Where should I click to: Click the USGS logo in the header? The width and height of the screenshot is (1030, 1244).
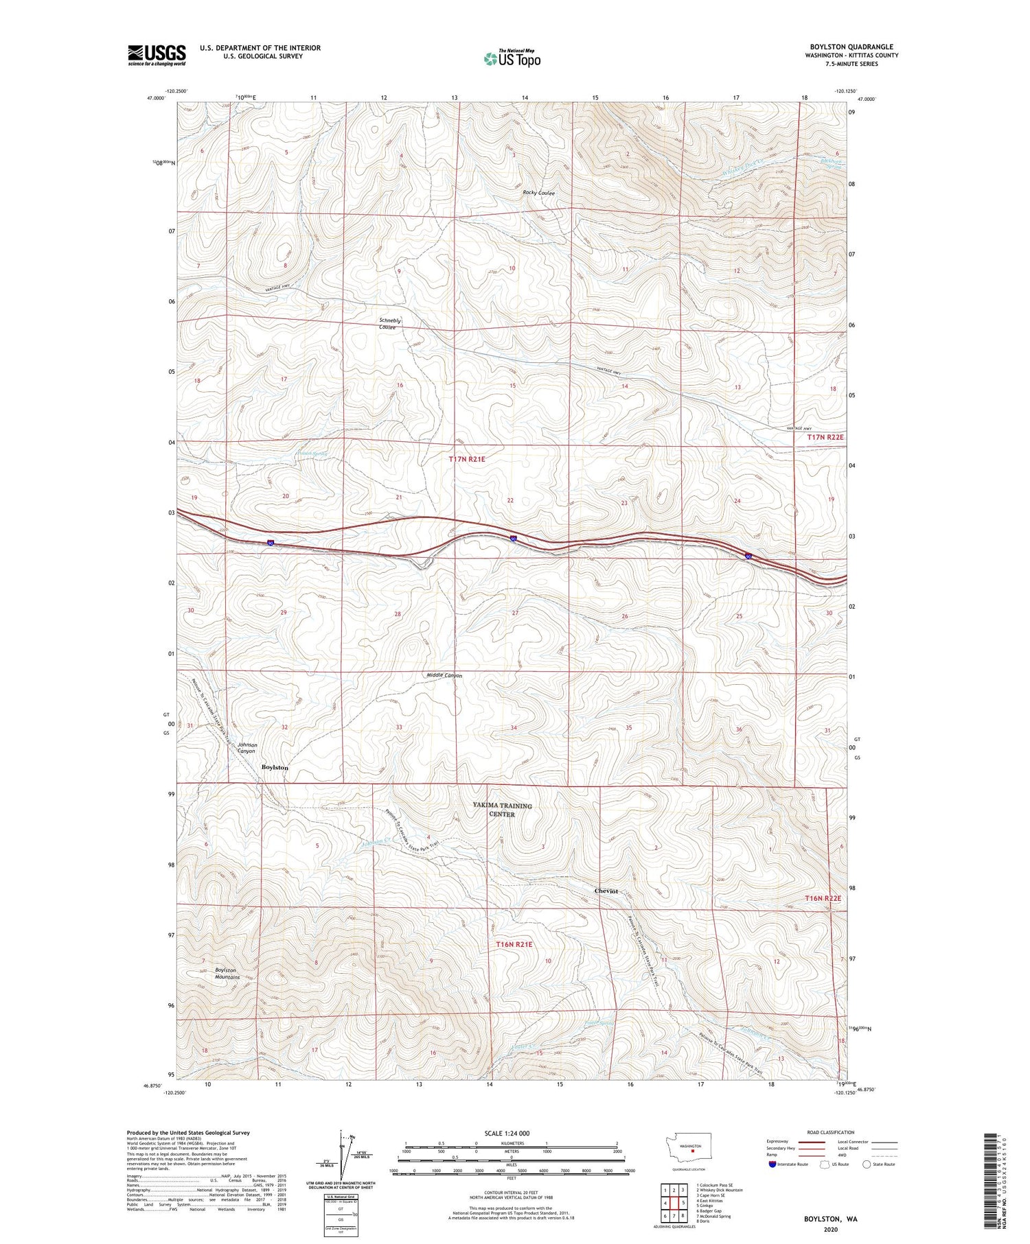pyautogui.click(x=157, y=55)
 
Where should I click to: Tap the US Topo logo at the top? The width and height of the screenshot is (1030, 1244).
pyautogui.click(x=512, y=59)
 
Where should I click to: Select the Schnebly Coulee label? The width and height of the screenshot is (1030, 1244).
pyautogui.click(x=389, y=324)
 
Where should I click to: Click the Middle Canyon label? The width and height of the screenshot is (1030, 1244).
pyautogui.click(x=444, y=676)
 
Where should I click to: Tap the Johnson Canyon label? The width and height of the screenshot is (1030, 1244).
pyautogui.click(x=247, y=748)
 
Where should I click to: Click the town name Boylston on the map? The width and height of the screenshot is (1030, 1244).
pyautogui.click(x=275, y=768)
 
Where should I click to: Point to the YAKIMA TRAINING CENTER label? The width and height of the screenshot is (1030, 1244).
pyautogui.click(x=502, y=810)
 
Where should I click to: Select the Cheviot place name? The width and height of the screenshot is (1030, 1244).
pyautogui.click(x=606, y=891)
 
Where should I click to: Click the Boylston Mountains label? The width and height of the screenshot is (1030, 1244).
pyautogui.click(x=225, y=974)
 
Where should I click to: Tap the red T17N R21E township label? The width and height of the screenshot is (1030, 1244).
pyautogui.click(x=467, y=459)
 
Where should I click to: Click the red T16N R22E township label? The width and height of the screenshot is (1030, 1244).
pyautogui.click(x=823, y=898)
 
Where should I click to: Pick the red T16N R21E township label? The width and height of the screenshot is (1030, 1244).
pyautogui.click(x=514, y=945)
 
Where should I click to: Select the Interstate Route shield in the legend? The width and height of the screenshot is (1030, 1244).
pyautogui.click(x=772, y=1164)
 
